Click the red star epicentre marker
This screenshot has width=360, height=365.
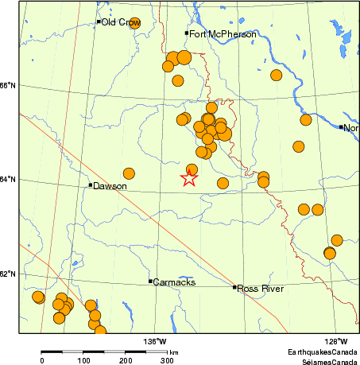(188, 178)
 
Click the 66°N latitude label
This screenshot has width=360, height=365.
(9, 86)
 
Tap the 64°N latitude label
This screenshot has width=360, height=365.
(9, 180)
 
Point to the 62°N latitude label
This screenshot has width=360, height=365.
(9, 274)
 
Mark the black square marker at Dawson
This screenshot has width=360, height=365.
(90, 185)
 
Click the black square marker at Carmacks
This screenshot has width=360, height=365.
(150, 281)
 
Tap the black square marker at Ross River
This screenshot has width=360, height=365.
(234, 287)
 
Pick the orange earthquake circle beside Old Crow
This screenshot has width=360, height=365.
(135, 23)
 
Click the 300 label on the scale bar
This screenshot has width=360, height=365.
(167, 361)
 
